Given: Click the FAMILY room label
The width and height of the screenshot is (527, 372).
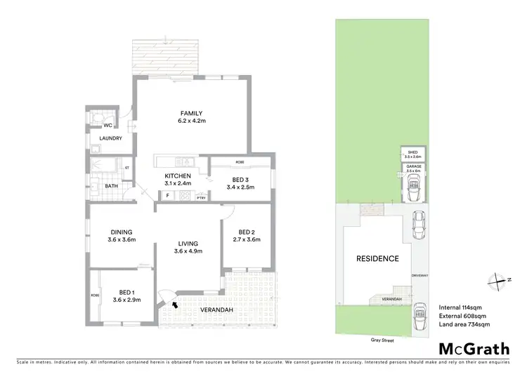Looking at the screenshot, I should pyautogui.click(x=191, y=113).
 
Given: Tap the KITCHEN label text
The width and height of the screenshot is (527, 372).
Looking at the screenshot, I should pyautogui.click(x=178, y=175).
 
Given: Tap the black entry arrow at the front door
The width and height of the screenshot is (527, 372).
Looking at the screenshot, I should pyautogui.click(x=174, y=304).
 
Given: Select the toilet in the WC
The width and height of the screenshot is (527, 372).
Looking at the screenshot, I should pyautogui.click(x=93, y=116).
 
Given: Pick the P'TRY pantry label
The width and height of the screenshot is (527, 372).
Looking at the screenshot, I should pyautogui.click(x=201, y=199).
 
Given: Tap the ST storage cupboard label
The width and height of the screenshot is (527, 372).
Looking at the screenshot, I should pyautogui.click(x=126, y=168).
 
